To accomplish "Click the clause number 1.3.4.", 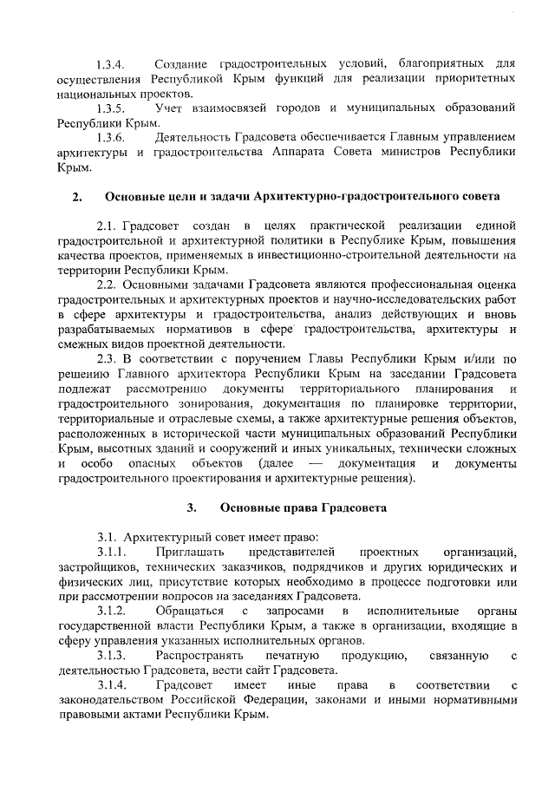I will (x=112, y=65).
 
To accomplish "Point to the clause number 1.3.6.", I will (x=112, y=138).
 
